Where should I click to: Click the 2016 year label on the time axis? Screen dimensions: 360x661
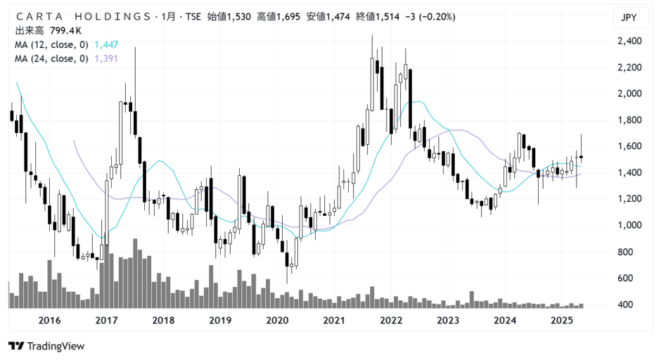(49, 321)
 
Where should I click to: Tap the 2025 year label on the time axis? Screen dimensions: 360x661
(562, 321)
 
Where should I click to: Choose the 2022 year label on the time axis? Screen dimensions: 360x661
(391, 321)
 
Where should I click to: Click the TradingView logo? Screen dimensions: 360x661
(46, 346)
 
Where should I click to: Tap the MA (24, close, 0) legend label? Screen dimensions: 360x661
(51, 59)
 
